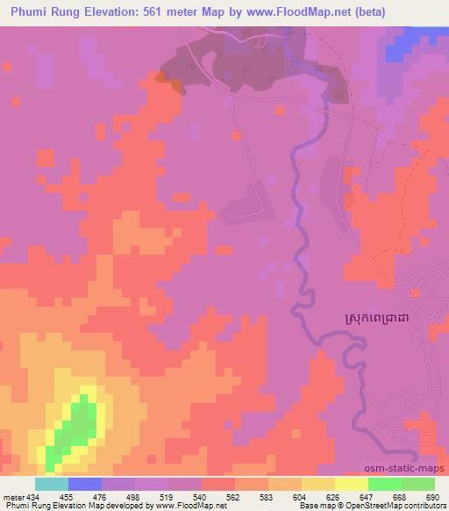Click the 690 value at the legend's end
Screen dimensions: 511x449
[x=434, y=496]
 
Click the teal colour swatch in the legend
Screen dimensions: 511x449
[x=52, y=484]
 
